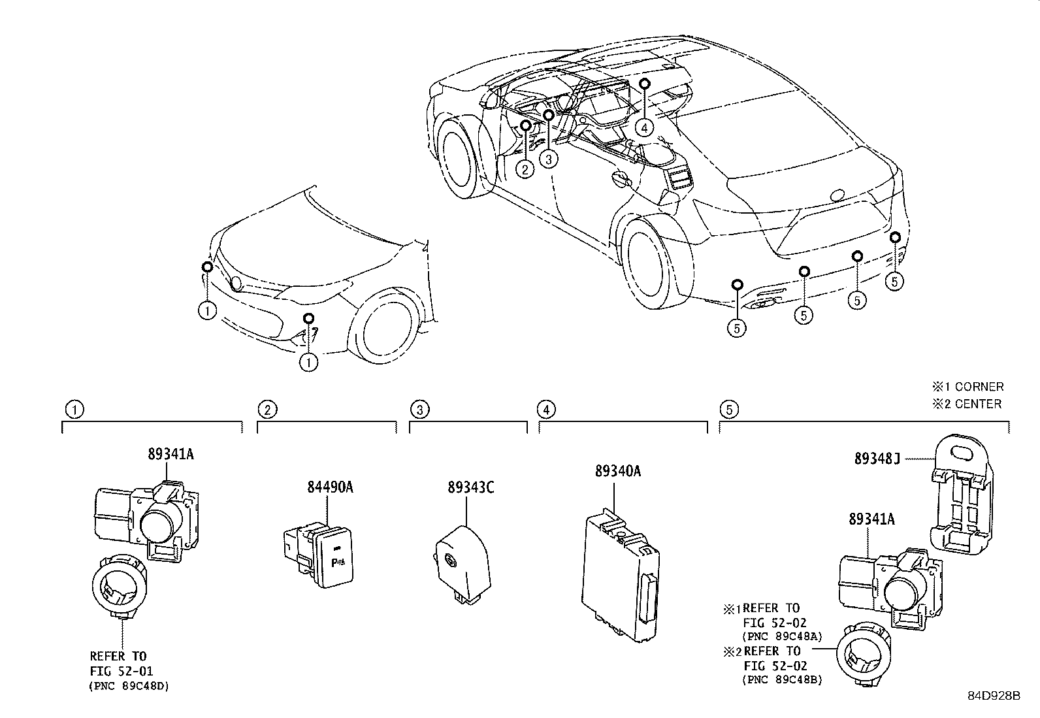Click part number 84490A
[330, 487]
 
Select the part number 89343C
[470, 487]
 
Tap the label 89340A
[617, 470]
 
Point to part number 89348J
[877, 459]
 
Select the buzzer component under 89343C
[462, 560]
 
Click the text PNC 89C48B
[782, 680]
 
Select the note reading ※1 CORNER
[967, 387]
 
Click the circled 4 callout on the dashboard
[644, 127]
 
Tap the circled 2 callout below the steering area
[525, 169]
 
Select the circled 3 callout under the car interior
[549, 159]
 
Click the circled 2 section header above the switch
[267, 410]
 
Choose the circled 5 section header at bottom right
[729, 410]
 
